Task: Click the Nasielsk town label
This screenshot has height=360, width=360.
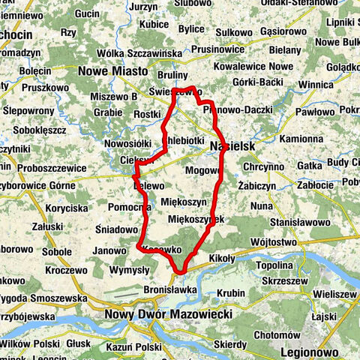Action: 233,146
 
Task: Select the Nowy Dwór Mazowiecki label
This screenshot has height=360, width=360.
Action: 169,314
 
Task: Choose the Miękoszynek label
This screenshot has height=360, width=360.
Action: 196,218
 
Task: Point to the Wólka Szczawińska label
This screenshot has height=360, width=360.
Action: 136,52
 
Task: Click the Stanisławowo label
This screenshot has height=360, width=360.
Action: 301,222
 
